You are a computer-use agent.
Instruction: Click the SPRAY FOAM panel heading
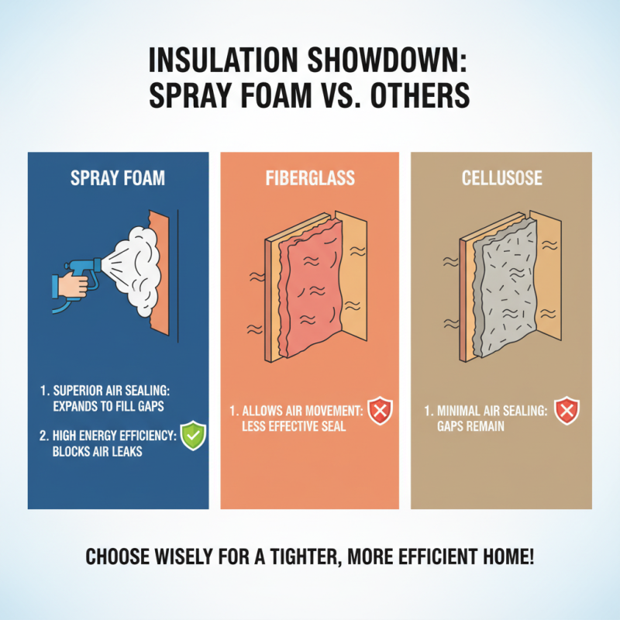pos(118,178)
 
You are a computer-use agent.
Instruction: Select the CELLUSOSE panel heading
pos(501,178)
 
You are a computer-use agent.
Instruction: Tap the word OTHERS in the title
pos(424,97)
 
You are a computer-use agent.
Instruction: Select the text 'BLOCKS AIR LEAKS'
pos(97,451)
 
